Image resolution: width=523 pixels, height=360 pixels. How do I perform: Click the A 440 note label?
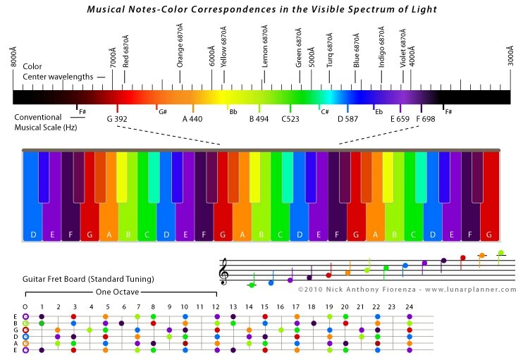pyautogui.click(x=192, y=119)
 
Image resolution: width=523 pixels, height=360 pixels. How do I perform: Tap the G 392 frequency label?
pyautogui.click(x=117, y=119)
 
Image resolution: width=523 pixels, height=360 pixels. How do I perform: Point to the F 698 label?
pyautogui.click(x=426, y=119)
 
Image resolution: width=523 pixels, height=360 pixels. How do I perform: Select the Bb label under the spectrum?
pyautogui.click(x=233, y=112)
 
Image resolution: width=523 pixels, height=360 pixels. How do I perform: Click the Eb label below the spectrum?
pyautogui.click(x=379, y=112)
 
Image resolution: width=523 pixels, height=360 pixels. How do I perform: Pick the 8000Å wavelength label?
pyautogui.click(x=13, y=56)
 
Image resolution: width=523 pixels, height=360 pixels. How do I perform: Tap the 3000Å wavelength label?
pyautogui.click(x=510, y=56)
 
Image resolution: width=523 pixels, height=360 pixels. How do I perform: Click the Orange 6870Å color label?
pyautogui.click(x=180, y=45)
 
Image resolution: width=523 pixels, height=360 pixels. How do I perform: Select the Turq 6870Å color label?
pyautogui.click(x=330, y=50)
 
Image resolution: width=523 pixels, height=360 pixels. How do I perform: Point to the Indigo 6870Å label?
pyautogui.click(x=381, y=47)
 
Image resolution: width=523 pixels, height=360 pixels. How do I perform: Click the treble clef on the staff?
pyautogui.click(x=224, y=271)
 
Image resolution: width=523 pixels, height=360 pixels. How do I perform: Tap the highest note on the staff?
pyautogui.click(x=500, y=253)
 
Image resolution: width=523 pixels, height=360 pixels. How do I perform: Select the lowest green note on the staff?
pyautogui.click(x=252, y=285)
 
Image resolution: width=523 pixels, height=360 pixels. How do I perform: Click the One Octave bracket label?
pyautogui.click(x=117, y=292)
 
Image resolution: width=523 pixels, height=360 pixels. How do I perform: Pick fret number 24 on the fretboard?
pyautogui.click(x=410, y=306)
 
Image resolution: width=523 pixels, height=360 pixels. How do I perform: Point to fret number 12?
pyautogui.click(x=216, y=306)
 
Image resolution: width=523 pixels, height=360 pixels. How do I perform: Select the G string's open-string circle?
pyautogui.click(x=25, y=330)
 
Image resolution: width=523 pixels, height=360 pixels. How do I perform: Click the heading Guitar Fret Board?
pyautogui.click(x=54, y=279)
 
